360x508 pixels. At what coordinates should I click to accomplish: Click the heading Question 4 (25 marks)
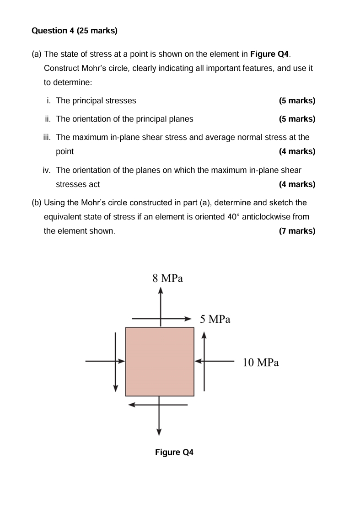pos(75,31)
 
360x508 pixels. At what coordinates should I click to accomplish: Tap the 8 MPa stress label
pos(167,278)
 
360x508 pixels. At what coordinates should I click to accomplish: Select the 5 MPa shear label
pos(215,319)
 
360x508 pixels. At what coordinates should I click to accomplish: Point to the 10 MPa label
pos(261,363)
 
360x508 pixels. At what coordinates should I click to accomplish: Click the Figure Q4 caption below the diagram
pos(174,452)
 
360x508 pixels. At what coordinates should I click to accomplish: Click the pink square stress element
pos(160,362)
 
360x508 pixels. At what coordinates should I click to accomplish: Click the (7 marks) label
pos(297,231)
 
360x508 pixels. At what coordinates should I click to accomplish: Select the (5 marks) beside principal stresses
pos(297,101)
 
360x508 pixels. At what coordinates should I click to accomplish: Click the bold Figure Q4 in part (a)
pos(270,54)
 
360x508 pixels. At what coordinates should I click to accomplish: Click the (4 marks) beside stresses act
pos(297,184)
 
